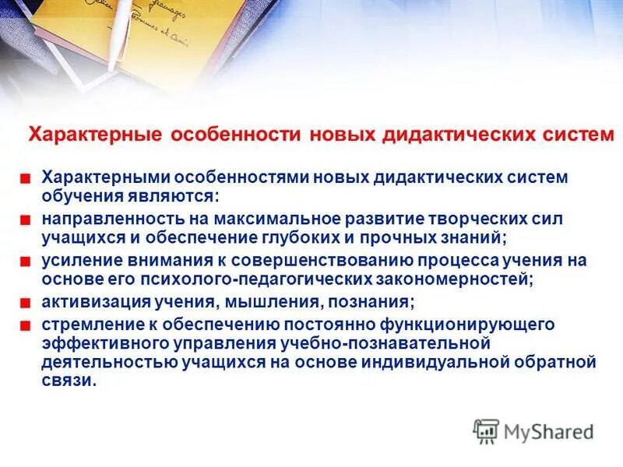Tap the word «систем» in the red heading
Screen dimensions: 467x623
572,134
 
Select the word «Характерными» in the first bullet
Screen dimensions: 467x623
97,177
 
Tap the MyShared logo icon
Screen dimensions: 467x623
486,431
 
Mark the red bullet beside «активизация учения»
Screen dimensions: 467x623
26,303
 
